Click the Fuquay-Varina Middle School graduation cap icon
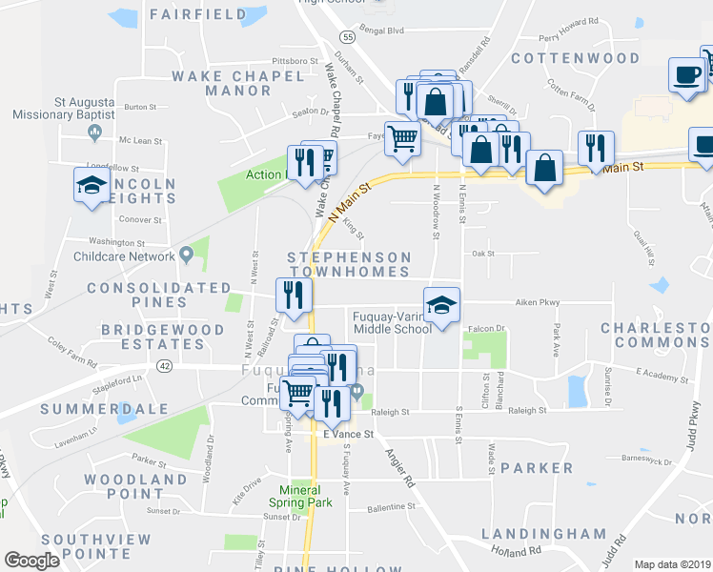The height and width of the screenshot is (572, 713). tap(441, 305)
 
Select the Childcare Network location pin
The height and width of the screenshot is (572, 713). tap(187, 255)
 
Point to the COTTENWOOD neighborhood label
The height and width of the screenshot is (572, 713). tap(575, 58)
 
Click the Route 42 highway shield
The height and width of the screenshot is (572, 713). tap(166, 365)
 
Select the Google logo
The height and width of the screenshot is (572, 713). tap(32, 561)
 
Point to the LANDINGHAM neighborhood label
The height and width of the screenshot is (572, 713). tap(543, 533)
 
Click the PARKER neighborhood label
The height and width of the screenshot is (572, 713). tap(538, 468)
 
